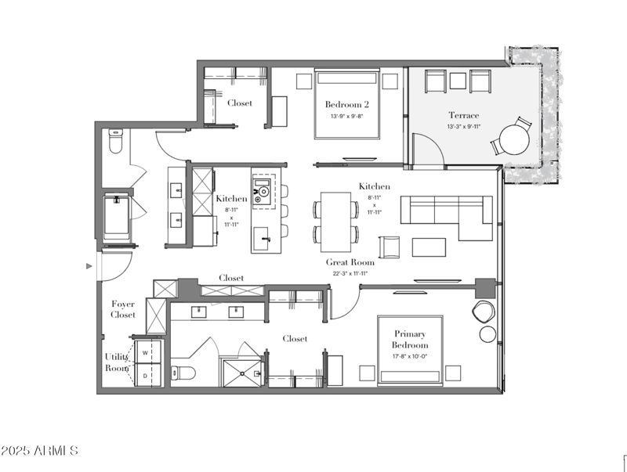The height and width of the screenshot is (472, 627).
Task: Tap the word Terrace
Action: (463, 115)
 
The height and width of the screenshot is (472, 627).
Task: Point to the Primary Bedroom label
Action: (411, 339)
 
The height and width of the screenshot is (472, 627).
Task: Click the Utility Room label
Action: (117, 362)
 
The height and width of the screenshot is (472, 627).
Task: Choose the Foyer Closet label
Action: (122, 309)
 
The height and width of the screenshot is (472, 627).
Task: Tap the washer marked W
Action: (146, 353)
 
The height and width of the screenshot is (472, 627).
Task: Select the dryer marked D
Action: (146, 376)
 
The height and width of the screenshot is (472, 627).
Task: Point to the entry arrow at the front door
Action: (89, 266)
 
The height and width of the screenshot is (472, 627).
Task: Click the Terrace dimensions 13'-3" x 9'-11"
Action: (463, 127)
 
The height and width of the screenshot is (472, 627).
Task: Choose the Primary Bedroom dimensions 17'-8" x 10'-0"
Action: (411, 358)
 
